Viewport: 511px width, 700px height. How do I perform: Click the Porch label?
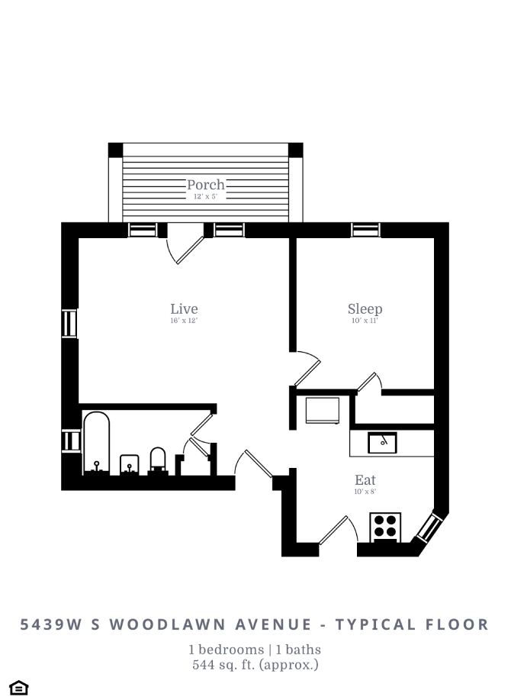(x=206, y=185)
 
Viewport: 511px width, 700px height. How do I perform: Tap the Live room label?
(x=184, y=309)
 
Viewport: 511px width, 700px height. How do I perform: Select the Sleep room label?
(x=365, y=309)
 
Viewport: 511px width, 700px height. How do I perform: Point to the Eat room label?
(x=365, y=480)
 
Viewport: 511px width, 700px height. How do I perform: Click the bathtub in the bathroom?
(x=96, y=443)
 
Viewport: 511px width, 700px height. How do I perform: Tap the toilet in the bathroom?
(x=158, y=460)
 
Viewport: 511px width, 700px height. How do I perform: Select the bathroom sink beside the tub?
(x=130, y=464)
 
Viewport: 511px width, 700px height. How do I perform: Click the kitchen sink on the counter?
(x=382, y=442)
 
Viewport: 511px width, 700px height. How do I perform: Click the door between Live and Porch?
(x=185, y=244)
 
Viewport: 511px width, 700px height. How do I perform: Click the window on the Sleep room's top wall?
(x=365, y=229)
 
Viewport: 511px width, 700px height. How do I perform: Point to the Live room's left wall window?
(x=69, y=324)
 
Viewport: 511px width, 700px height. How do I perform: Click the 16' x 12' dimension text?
(x=184, y=321)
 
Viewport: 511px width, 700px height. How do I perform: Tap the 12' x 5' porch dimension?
(x=206, y=196)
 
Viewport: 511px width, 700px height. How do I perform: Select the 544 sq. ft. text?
(x=255, y=665)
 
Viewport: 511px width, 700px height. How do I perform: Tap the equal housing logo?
(x=19, y=687)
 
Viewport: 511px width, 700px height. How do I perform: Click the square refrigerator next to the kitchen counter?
(x=323, y=409)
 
